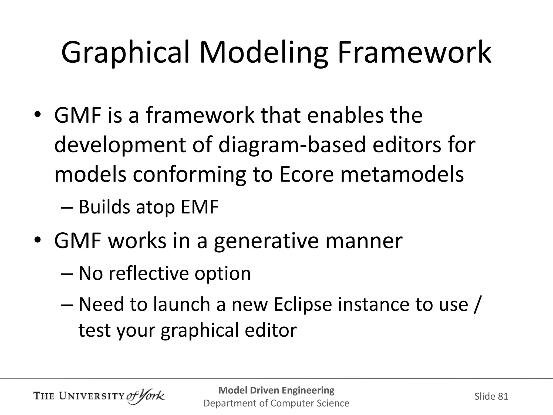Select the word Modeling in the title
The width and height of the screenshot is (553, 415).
click(x=263, y=53)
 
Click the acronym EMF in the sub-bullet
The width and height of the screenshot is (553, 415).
click(x=199, y=207)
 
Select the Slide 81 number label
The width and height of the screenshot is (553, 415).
click(x=491, y=396)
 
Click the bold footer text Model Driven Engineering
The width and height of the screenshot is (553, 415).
click(x=276, y=390)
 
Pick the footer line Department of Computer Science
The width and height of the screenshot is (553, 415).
click(x=276, y=403)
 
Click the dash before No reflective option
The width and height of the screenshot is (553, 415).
click(x=67, y=274)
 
